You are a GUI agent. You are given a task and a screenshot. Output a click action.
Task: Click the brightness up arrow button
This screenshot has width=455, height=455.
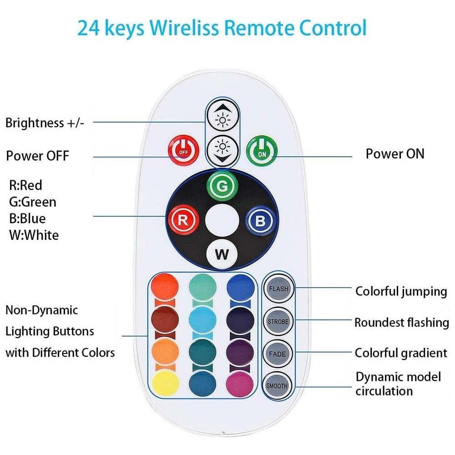[222, 116]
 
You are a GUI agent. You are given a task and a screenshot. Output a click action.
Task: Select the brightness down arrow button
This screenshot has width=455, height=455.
[222, 151]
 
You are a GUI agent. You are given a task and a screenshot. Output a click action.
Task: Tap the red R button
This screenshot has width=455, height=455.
[183, 220]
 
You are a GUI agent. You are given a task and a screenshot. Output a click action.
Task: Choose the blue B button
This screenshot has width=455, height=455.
[260, 221]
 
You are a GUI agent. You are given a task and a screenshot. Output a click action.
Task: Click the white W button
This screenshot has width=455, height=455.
[222, 254]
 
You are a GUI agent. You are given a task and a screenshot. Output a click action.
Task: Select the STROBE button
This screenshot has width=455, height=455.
[278, 321]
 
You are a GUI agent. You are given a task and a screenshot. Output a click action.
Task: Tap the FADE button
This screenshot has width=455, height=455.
[278, 354]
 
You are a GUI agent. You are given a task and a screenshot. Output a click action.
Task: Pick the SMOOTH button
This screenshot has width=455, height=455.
[277, 386]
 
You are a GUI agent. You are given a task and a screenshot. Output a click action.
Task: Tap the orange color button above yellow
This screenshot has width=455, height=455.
[165, 351]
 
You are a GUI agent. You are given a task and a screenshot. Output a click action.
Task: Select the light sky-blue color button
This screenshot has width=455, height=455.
[202, 320]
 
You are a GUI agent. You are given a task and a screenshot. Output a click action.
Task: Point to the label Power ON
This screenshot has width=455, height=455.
[395, 154]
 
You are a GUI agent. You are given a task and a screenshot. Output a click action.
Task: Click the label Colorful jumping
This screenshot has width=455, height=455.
[401, 292]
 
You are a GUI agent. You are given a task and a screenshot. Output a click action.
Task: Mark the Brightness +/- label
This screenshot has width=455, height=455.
[45, 123]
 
